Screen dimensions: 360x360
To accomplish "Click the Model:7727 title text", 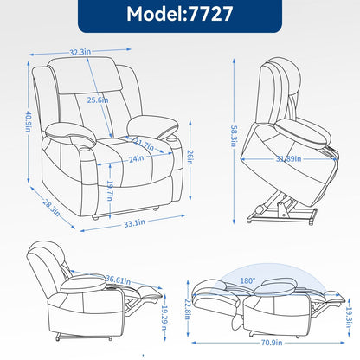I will (x=179, y=16).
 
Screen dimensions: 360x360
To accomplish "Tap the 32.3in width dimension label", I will (x=104, y=51).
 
